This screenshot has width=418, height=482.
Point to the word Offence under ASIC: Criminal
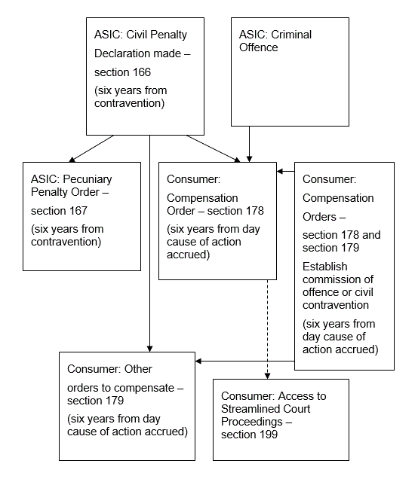point(259,47)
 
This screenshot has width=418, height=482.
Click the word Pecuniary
point(88,179)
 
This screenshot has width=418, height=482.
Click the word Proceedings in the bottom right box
point(252,422)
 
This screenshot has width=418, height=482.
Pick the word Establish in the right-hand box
point(325,267)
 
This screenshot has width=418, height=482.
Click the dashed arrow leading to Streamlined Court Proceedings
point(267,329)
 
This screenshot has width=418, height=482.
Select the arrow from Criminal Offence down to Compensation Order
point(249,144)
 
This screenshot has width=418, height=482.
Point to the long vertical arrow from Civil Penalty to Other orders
point(149,243)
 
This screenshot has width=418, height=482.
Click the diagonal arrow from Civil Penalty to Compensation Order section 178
point(214,148)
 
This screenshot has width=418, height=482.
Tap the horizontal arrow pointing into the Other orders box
point(245,361)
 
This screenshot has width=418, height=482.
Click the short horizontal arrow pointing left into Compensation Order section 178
point(285,171)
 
